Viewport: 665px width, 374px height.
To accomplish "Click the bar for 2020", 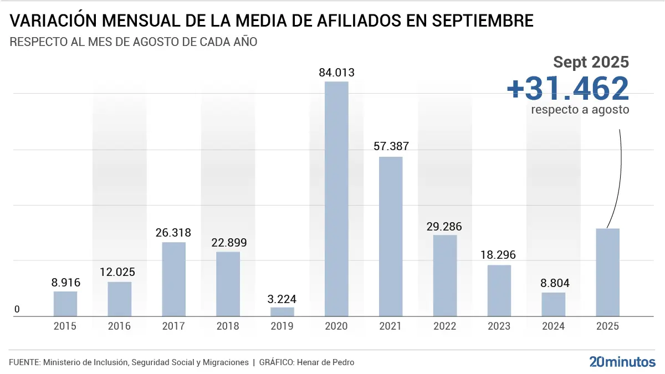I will click(336, 199).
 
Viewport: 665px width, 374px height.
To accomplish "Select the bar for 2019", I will click(282, 312).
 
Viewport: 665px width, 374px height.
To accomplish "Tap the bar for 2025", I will click(607, 272).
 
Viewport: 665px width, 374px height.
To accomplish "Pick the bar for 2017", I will click(173, 279).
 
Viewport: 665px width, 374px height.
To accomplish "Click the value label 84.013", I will click(336, 73).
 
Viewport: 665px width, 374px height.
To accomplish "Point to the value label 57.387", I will click(391, 147).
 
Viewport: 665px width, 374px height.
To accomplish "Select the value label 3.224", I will click(282, 298).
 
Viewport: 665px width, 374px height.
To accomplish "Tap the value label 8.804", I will click(553, 283).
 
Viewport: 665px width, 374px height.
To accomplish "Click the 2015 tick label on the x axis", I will click(65, 326).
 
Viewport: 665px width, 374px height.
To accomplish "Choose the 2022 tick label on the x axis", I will click(445, 326).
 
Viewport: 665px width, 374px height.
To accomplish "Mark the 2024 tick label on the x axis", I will click(553, 326).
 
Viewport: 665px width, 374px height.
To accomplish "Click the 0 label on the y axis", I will click(17, 309).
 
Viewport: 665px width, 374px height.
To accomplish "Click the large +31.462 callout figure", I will click(567, 88).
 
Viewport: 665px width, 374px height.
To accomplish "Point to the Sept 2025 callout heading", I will click(591, 62).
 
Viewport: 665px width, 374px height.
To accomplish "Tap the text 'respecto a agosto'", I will click(580, 109).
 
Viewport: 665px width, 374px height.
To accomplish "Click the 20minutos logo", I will click(622, 362).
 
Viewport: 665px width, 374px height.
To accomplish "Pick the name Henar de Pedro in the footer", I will click(326, 362).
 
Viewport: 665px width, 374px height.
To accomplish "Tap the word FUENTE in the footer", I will click(24, 362).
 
